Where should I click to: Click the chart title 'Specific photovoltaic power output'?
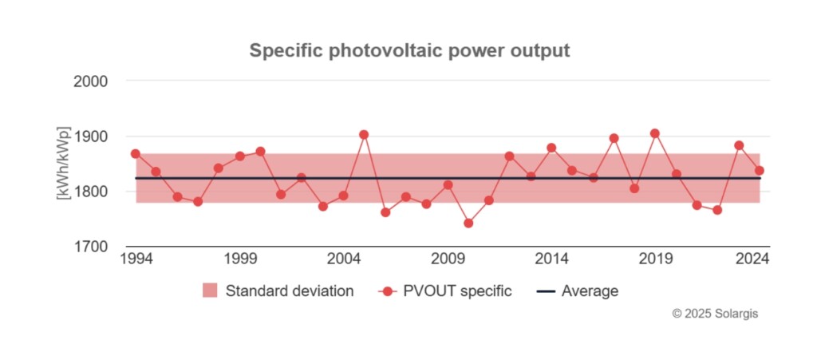(x=409, y=51)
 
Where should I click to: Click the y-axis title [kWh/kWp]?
(x=64, y=164)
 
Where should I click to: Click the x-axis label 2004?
(x=343, y=259)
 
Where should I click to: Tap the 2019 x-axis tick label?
(x=655, y=259)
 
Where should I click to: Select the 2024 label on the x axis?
(x=752, y=259)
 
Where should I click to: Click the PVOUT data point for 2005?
(x=364, y=135)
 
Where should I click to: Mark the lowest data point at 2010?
(x=468, y=224)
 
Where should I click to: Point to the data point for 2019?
(x=655, y=133)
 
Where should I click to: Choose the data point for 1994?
(x=136, y=153)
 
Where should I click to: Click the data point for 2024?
(x=760, y=170)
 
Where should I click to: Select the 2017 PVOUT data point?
(x=614, y=138)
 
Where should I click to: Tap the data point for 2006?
(x=385, y=212)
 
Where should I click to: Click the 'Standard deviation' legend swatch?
(x=210, y=291)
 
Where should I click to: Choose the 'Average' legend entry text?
(x=590, y=291)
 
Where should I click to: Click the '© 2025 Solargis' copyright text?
(x=715, y=315)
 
